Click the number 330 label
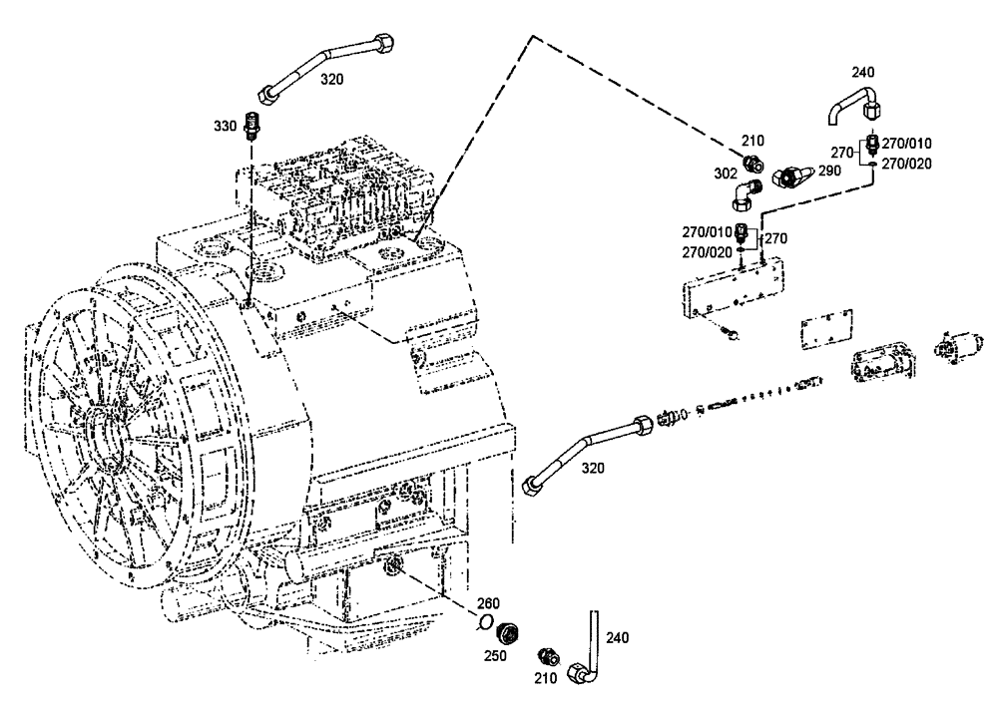[226, 126]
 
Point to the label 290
[828, 171]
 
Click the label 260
[487, 602]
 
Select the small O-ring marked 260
[485, 623]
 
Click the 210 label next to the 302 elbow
[750, 140]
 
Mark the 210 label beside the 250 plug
[545, 678]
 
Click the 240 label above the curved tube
[862, 72]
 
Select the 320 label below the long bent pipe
[593, 468]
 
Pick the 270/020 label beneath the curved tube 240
[906, 164]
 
